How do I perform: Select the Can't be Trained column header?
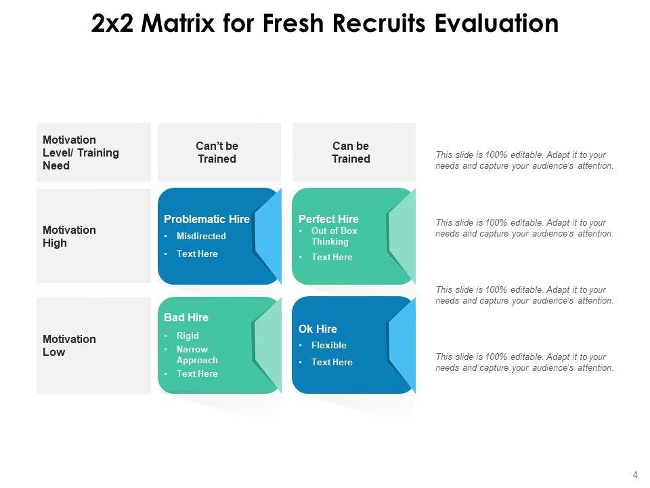217,152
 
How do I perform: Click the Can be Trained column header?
351,152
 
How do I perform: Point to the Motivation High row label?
69,237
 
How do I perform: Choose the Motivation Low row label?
69,346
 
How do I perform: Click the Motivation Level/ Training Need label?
81,152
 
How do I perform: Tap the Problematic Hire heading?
207,219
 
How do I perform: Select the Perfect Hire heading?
328,219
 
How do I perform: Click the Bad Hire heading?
186,317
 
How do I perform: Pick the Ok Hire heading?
318,329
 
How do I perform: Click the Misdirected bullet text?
201,237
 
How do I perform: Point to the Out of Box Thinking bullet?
334,236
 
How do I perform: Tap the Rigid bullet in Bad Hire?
188,335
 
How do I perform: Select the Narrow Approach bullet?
197,354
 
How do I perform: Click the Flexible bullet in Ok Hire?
328,345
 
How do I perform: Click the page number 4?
635,475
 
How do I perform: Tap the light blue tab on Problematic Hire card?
269,230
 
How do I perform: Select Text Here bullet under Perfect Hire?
332,258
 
